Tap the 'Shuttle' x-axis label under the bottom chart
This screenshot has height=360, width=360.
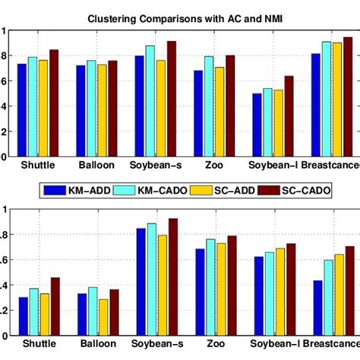[x=39, y=344]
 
